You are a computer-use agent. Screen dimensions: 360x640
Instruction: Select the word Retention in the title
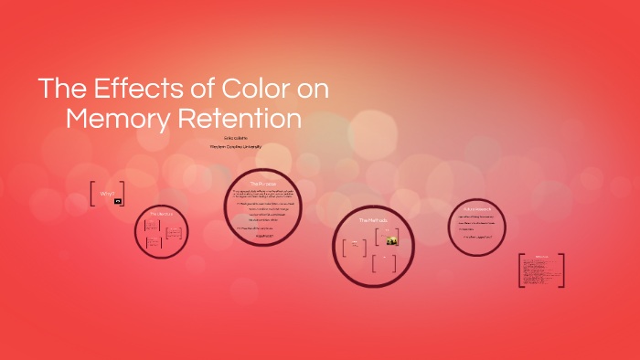coord(243,119)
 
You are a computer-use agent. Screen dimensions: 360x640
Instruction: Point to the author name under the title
coord(236,137)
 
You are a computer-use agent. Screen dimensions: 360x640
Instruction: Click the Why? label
coord(106,194)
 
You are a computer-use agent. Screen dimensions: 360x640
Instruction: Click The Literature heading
coord(161,214)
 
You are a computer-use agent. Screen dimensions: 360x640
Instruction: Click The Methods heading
coord(372,220)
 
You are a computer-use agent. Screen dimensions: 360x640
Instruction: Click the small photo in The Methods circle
coord(391,240)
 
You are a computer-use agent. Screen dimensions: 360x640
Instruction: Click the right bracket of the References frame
coord(562,270)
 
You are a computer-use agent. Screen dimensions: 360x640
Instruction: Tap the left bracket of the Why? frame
coord(92,194)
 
